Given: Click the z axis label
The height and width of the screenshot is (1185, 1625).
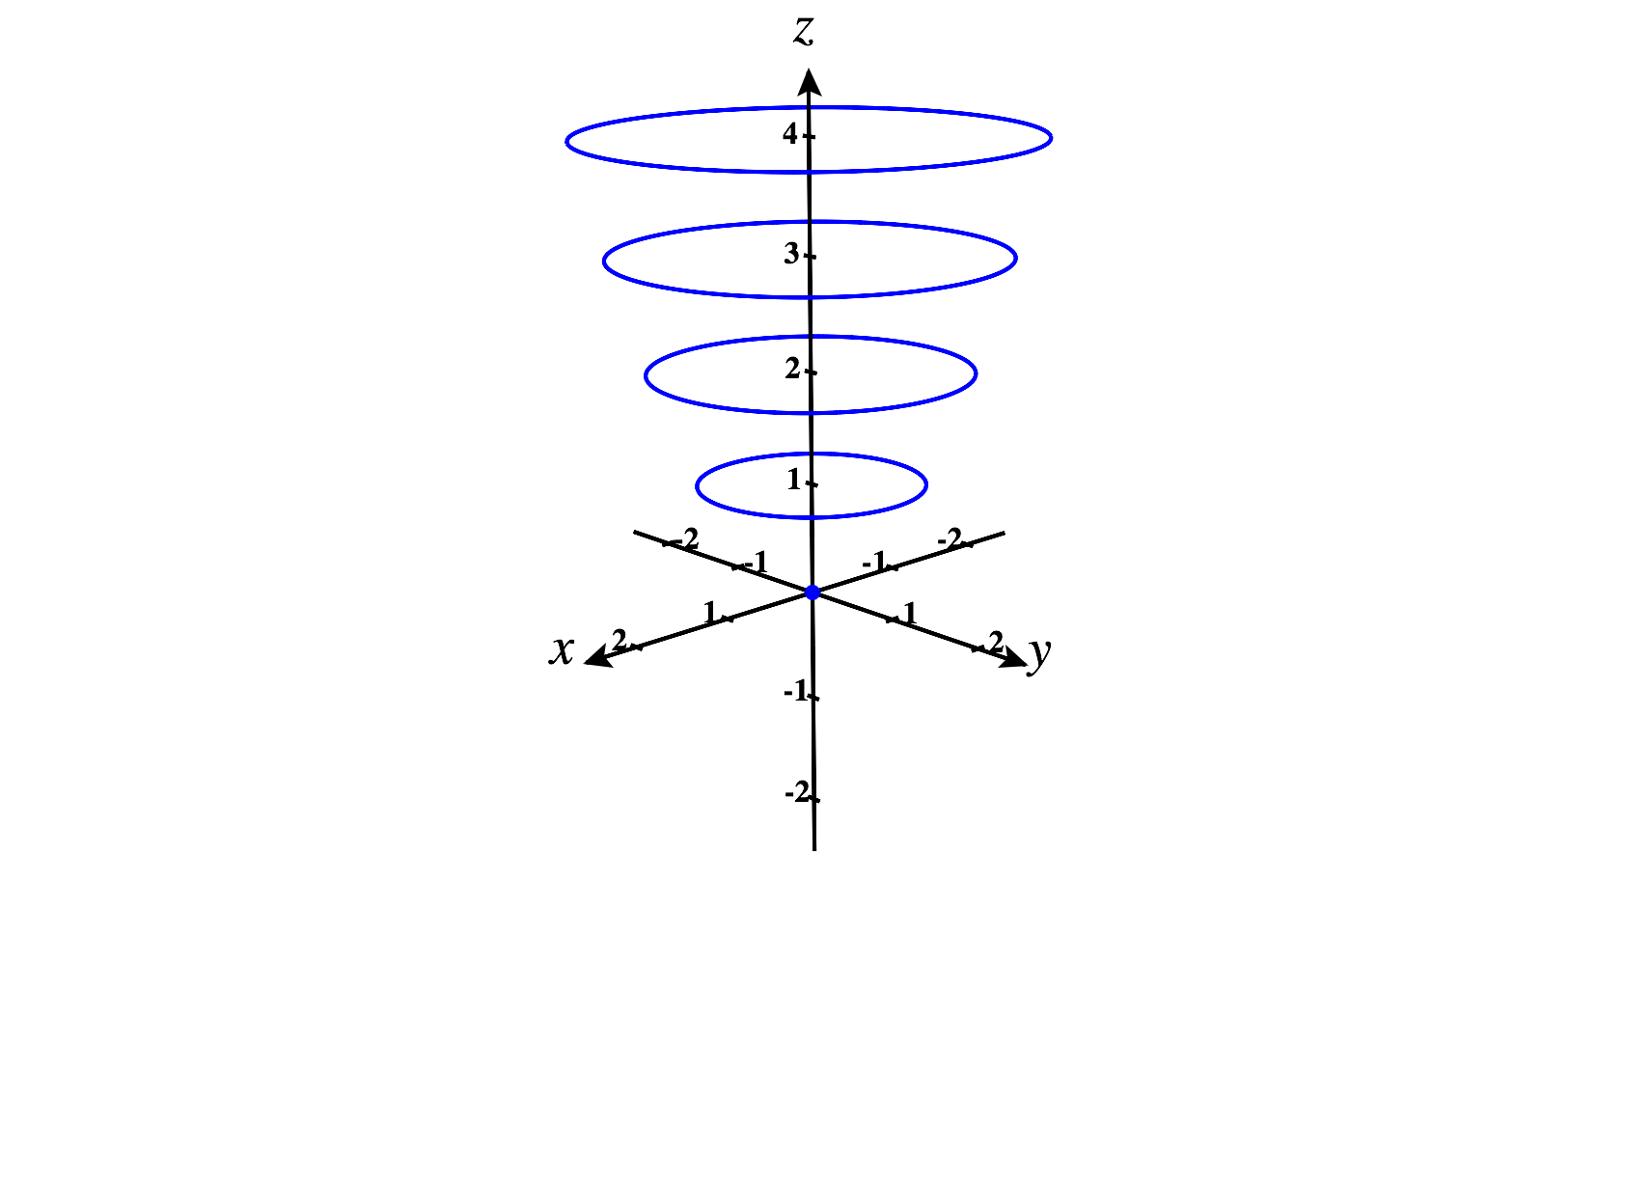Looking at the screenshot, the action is pos(803,31).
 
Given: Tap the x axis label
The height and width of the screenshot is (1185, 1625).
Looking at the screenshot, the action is pos(562,648).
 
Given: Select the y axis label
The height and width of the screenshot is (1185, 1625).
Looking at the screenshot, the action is pos(1039,654).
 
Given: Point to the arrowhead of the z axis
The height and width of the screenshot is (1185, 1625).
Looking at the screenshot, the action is pos(810,81).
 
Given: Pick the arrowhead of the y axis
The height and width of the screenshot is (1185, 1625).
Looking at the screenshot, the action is pos(1011,658).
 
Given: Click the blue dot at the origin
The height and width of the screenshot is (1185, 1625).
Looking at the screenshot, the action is pos(812,592).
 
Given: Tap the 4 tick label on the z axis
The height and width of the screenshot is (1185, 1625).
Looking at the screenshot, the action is pos(789,134).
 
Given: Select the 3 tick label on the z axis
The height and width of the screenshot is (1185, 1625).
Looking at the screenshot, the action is pos(790,253).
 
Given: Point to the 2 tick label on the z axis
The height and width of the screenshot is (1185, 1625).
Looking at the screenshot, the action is pos(792,369).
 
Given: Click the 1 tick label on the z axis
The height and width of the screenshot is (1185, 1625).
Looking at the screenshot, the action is pos(793,480).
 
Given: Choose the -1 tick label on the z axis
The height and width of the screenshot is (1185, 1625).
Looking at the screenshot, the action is pos(796,691).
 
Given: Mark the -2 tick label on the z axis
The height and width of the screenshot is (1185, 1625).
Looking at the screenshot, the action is pos(796,791).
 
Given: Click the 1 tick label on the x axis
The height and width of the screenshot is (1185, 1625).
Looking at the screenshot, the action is pos(709,613).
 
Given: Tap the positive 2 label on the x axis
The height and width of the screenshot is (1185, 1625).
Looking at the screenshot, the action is pos(619,640).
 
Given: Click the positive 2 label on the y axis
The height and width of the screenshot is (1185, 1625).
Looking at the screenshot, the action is pos(996,642).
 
